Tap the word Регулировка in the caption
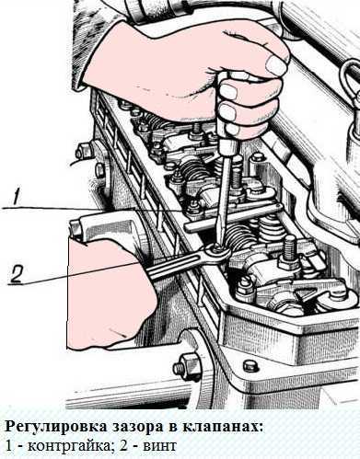point(53,428)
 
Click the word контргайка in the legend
point(69,446)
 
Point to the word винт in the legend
point(159,446)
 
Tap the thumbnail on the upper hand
point(275,64)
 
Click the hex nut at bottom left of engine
point(185,366)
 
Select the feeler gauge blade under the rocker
point(233,217)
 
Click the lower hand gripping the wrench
point(111,293)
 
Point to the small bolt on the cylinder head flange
point(249,366)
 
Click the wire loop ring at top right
point(349,82)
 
